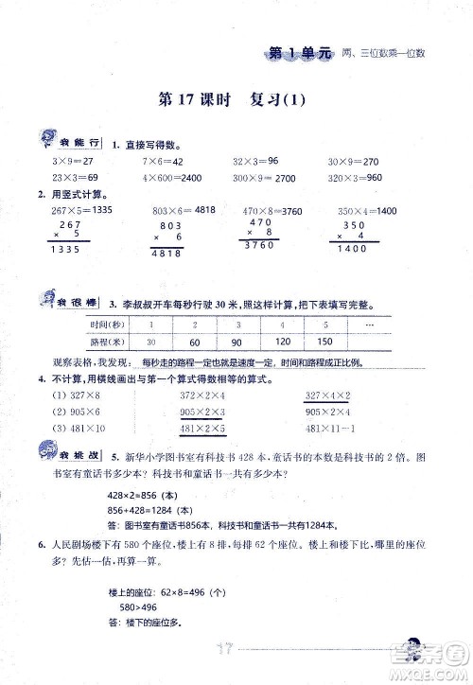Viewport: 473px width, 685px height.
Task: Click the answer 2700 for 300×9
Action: tap(284, 177)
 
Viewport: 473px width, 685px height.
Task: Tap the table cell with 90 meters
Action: tap(223, 342)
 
